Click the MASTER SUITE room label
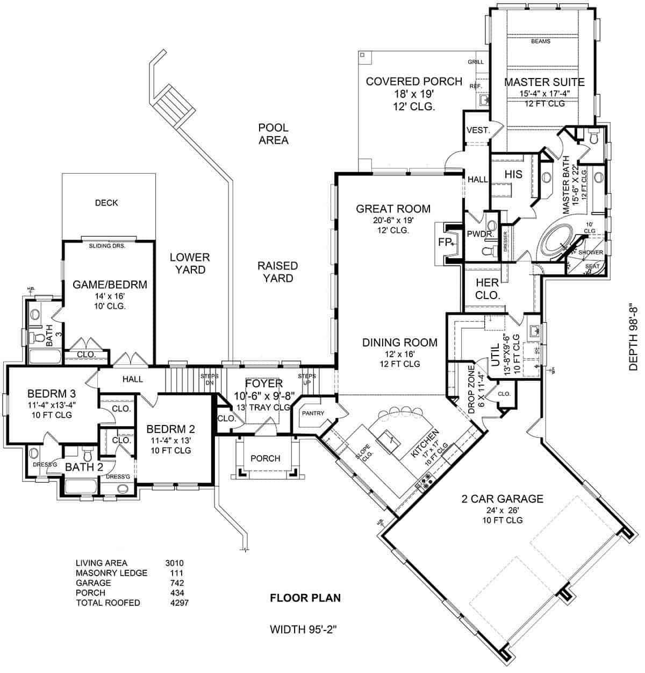click(x=544, y=82)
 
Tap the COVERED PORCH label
click(x=414, y=81)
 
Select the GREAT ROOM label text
click(x=393, y=209)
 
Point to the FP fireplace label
click(x=444, y=243)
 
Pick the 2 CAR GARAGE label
click(x=503, y=499)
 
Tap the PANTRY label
click(x=312, y=413)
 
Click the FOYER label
click(x=263, y=384)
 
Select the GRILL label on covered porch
click(x=475, y=62)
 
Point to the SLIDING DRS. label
click(x=106, y=246)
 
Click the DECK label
click(x=106, y=203)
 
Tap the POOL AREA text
click(x=273, y=134)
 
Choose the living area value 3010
click(x=174, y=563)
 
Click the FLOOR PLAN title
click(x=305, y=598)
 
